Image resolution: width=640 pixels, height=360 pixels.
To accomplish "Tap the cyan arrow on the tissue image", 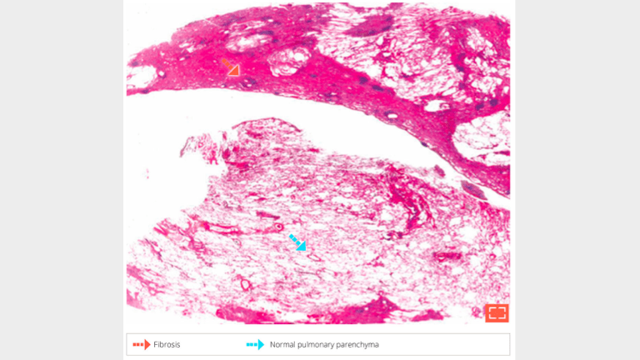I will [297, 242].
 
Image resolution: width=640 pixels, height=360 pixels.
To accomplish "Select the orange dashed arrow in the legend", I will [139, 344].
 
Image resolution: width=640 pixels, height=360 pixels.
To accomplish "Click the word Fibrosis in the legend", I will [167, 344].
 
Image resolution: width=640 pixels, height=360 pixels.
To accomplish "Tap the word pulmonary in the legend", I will [321, 344].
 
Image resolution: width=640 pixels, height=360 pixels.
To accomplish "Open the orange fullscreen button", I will [497, 312].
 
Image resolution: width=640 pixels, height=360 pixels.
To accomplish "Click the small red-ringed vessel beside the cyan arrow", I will [279, 226].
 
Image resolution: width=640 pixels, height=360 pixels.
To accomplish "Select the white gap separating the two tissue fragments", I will [250, 108].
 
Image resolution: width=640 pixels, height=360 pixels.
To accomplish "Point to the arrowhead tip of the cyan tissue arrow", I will [303, 247].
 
